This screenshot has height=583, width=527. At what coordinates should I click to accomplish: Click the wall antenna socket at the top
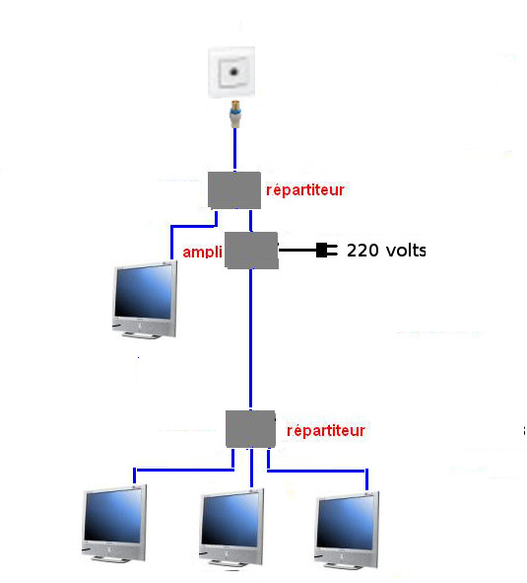[x=231, y=72]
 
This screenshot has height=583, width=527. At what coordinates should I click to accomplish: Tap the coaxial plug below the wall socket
[x=234, y=113]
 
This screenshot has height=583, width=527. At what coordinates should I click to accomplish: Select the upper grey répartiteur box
[x=234, y=190]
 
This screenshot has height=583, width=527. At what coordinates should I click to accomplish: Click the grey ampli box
[x=251, y=251]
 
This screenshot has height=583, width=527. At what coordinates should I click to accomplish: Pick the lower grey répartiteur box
[x=250, y=429]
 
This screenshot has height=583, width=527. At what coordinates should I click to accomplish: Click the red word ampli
[x=202, y=253]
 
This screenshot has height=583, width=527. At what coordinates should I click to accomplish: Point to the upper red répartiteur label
[x=305, y=190]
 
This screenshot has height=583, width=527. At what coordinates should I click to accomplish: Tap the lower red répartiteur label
[x=326, y=431]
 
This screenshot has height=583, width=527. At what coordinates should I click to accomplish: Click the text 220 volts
[x=386, y=251]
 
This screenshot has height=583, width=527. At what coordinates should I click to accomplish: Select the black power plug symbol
[x=327, y=251]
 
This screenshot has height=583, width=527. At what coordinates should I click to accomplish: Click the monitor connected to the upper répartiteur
[x=145, y=299]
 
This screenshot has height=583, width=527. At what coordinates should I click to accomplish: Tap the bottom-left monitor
[x=114, y=523]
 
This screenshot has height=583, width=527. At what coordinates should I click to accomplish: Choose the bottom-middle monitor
[x=231, y=527]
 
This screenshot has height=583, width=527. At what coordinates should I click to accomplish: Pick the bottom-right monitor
[x=347, y=530]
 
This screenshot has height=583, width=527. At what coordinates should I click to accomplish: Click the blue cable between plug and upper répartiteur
[x=234, y=149]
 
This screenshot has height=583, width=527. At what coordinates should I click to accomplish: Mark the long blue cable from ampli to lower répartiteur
[x=250, y=338]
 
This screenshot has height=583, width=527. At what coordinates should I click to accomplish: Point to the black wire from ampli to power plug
[x=297, y=251]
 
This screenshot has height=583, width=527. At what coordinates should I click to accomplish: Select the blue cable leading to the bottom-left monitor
[x=184, y=471]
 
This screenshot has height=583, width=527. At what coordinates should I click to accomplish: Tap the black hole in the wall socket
[x=234, y=71]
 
